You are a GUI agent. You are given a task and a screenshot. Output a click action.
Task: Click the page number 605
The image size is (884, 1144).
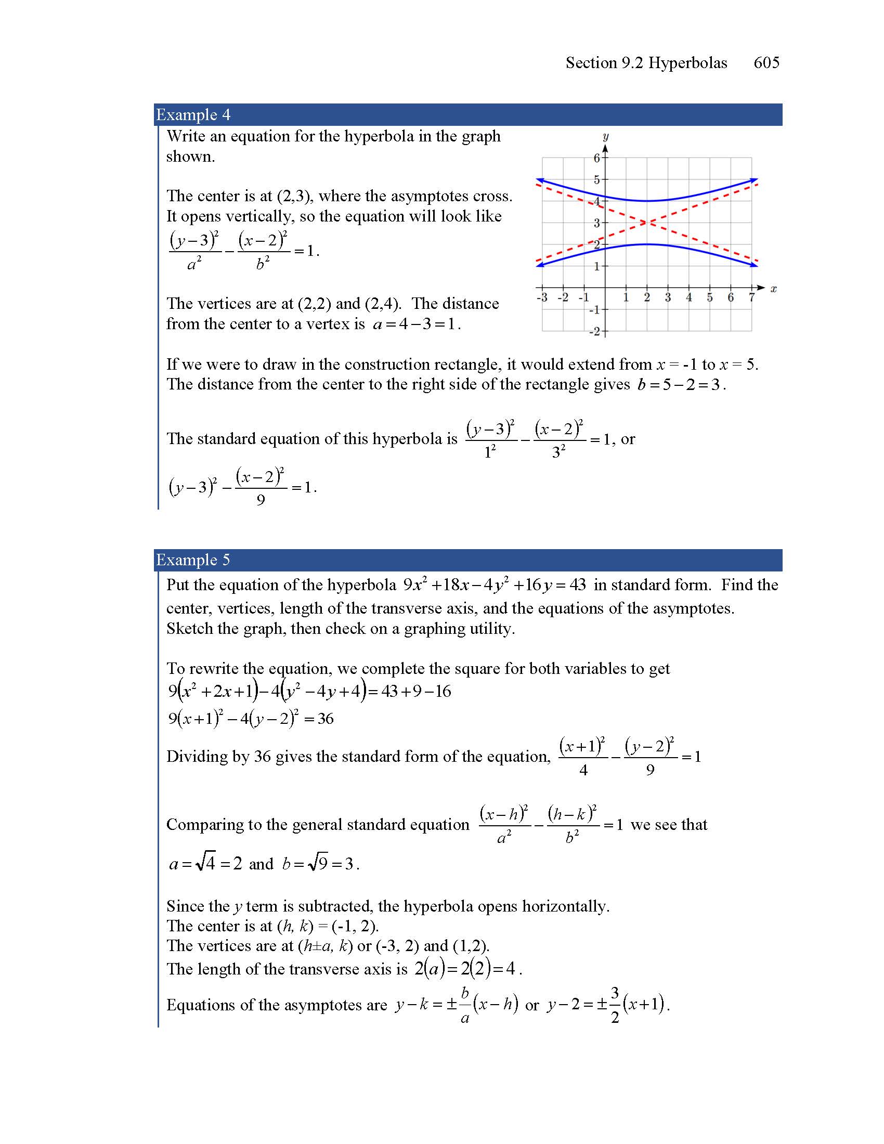(766, 63)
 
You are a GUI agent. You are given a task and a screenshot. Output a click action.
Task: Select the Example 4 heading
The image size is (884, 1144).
(193, 115)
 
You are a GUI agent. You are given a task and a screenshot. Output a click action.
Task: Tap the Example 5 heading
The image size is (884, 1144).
(193, 560)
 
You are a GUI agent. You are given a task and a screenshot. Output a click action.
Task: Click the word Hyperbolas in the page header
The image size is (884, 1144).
(687, 63)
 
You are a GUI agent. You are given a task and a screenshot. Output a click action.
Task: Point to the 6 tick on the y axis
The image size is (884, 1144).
(597, 158)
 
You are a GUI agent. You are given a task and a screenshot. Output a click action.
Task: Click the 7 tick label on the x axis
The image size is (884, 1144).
(751, 297)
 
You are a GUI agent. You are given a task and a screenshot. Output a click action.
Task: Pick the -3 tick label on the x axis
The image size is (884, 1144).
(542, 297)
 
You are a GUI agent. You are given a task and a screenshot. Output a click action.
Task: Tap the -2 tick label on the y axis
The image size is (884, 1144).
(595, 332)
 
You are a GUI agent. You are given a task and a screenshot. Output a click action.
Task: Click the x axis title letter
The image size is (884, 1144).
(774, 289)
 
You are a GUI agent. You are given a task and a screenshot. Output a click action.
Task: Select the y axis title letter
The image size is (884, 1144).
(605, 137)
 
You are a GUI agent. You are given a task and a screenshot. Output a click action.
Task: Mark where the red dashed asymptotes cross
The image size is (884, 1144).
(647, 223)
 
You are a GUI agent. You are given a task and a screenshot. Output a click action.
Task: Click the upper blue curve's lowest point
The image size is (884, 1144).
(647, 201)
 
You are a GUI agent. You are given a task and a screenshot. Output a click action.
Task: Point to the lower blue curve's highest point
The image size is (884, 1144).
(647, 244)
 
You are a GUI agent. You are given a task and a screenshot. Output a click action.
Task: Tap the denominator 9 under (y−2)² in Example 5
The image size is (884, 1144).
(650, 770)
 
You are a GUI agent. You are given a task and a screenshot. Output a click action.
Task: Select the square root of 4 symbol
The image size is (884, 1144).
(205, 863)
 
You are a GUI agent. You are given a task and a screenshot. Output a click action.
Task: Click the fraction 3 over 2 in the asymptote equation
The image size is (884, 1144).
(615, 1005)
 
